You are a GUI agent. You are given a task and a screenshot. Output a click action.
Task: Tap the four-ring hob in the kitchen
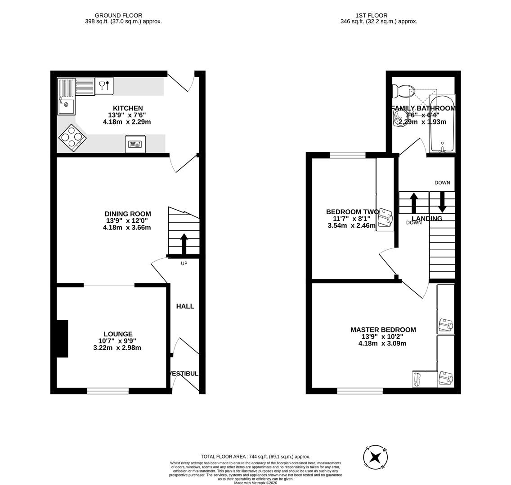[x=72, y=137]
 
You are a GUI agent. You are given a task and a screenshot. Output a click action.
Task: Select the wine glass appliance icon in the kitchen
[x=104, y=86]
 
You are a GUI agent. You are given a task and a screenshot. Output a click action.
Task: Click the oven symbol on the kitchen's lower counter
[x=135, y=144]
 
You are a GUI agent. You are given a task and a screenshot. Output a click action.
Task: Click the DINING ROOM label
[x=128, y=214]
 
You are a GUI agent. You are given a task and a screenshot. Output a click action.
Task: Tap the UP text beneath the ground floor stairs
[x=184, y=264]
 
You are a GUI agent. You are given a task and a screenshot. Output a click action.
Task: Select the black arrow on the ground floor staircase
[x=184, y=244]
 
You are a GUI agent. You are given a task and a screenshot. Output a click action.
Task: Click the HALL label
[x=185, y=306]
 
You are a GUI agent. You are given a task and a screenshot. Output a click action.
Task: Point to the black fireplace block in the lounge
[x=62, y=339]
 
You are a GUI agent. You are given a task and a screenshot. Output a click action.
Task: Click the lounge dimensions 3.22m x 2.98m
[x=117, y=348]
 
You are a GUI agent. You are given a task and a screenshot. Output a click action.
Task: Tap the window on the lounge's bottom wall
[x=108, y=391]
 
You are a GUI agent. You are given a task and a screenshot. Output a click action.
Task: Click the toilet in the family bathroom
[x=399, y=91]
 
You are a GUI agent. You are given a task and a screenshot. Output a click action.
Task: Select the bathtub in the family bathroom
[x=442, y=123]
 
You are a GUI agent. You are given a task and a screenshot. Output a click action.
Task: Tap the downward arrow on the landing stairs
[x=442, y=202]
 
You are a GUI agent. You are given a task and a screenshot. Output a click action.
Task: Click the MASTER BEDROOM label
[x=383, y=330]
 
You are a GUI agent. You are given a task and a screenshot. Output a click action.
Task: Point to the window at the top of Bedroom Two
[x=348, y=155]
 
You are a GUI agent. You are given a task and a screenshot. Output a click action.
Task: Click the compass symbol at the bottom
[x=376, y=458]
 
